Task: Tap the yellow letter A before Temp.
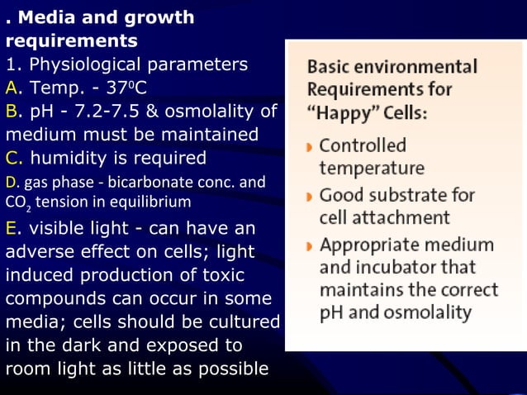pos(12,88)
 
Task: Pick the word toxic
pos(237,274)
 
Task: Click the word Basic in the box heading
pos(328,67)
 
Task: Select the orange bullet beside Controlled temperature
pos(308,148)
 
